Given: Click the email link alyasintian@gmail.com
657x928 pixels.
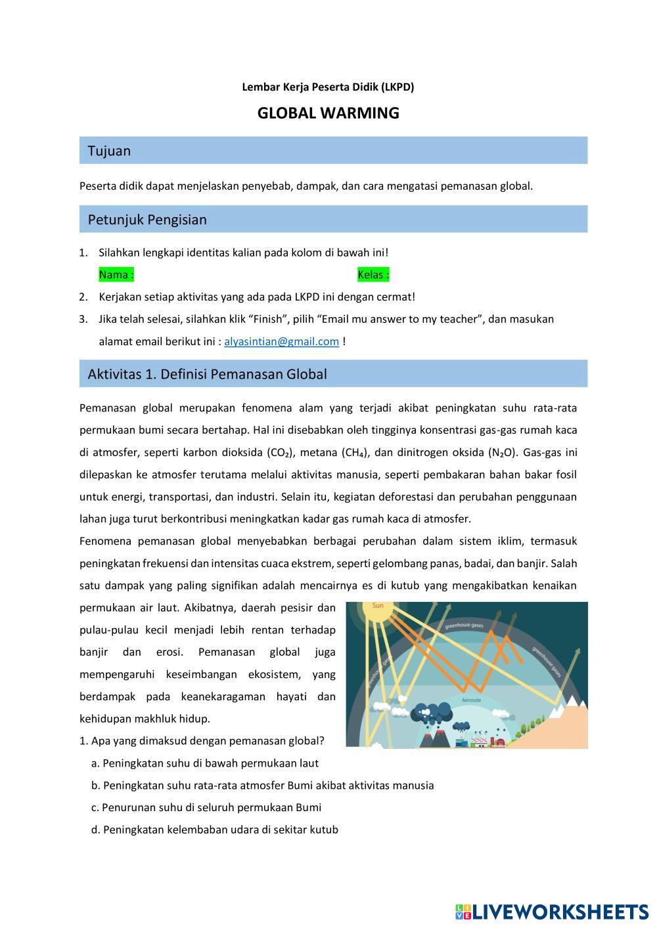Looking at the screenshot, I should pos(281,341).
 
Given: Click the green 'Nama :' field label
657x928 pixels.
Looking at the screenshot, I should pos(116,274).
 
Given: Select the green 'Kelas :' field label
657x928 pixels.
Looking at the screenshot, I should pos(373,274).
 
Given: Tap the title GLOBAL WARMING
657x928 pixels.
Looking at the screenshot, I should pos(328,113).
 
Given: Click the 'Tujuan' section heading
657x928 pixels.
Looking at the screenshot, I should pos(109,151).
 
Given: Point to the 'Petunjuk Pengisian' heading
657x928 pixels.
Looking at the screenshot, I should pos(147,219).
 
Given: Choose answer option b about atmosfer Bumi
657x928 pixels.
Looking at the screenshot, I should pos(263,785).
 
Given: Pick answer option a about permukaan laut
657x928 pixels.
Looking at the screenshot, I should pos(205,763).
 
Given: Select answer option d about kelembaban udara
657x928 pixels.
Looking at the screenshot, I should pos(215,830).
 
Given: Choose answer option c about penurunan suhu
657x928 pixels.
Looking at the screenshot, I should pos(207,807).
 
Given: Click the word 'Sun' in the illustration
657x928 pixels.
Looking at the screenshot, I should pos(378,606).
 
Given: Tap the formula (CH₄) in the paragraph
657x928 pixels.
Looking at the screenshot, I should pos(355,452).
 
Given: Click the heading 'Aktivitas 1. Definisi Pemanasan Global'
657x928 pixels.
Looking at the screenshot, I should pos(207,374).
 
